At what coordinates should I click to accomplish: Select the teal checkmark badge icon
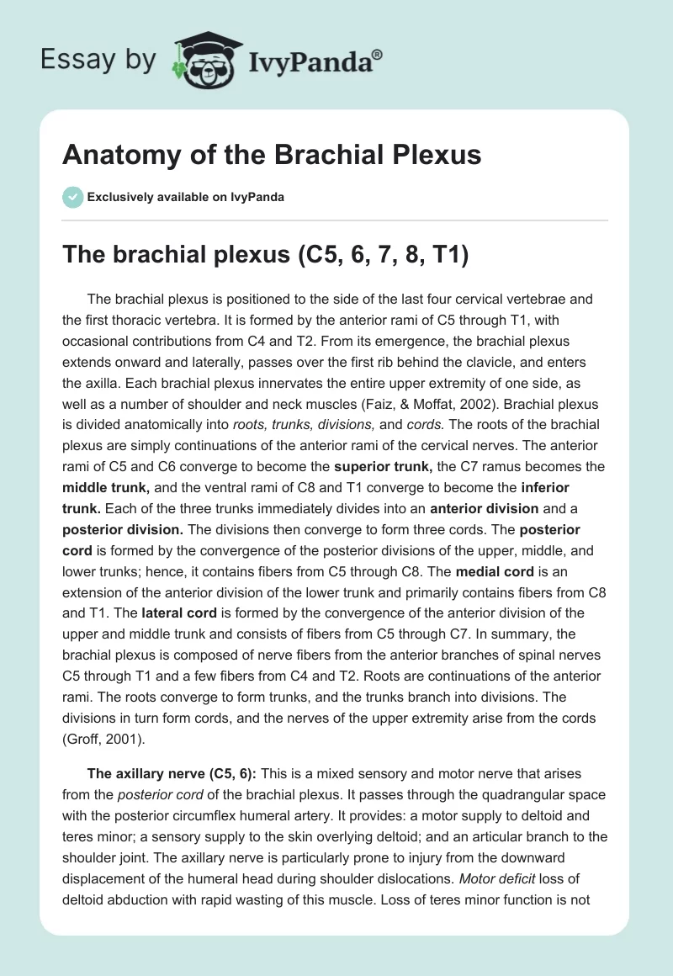point(72,197)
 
